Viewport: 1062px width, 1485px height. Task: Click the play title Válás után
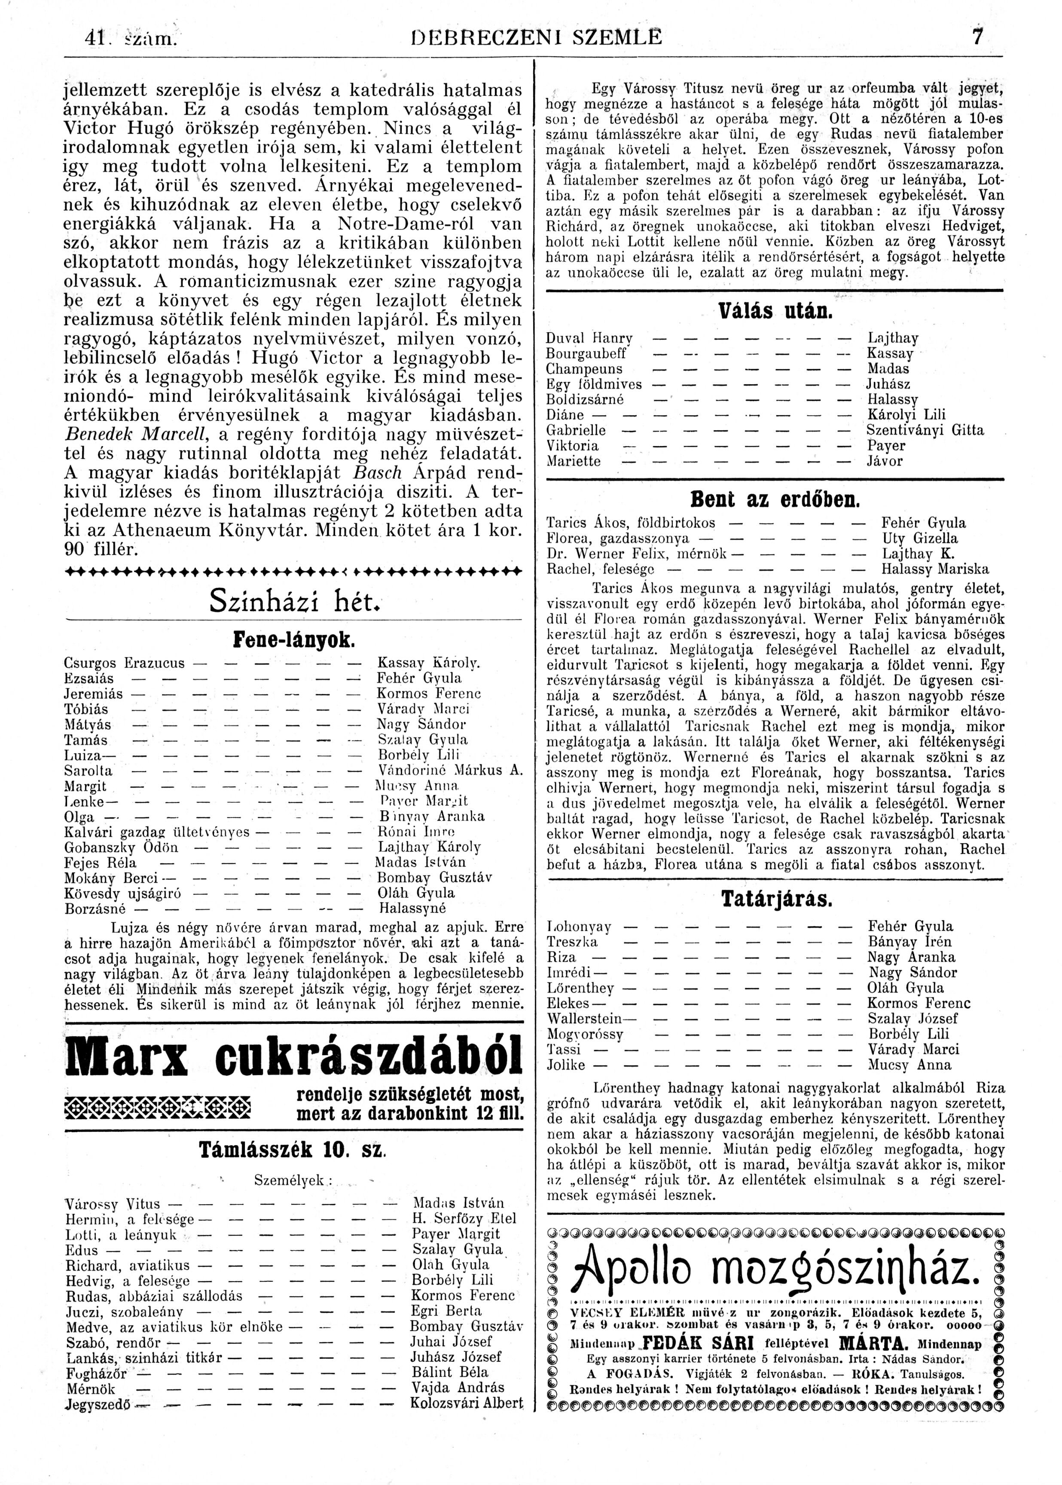click(775, 309)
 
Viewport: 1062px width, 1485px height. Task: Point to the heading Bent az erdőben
click(775, 501)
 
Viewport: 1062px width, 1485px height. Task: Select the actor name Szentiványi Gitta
click(925, 430)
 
